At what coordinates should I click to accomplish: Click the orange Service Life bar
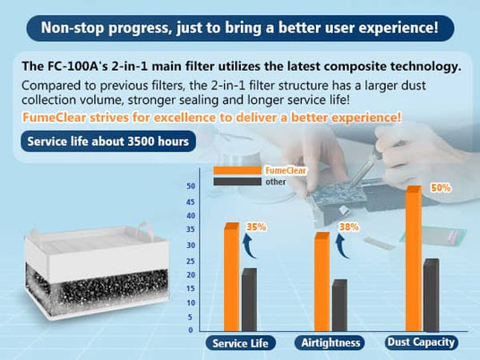(231, 277)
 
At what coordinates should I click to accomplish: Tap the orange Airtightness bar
(321, 281)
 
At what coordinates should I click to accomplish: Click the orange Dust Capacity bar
(413, 259)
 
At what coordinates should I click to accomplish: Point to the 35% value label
(256, 227)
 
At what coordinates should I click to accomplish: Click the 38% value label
(348, 227)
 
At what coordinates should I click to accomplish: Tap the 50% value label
(441, 189)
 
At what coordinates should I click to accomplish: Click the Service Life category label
(239, 343)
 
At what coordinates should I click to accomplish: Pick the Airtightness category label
(331, 343)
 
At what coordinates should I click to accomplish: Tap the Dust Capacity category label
(421, 342)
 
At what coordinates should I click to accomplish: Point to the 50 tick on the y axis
(191, 186)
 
